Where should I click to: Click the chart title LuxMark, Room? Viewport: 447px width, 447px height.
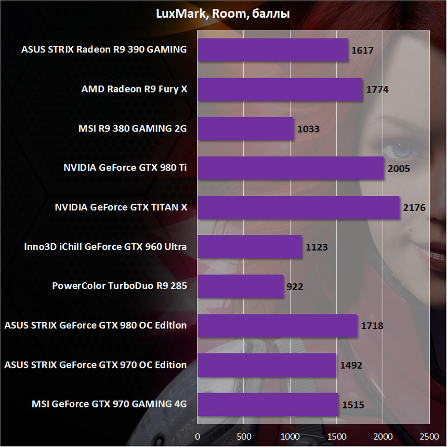click(223, 14)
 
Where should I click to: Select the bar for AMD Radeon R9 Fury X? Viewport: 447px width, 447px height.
click(280, 89)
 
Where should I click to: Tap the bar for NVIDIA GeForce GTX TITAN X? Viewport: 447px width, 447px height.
click(298, 207)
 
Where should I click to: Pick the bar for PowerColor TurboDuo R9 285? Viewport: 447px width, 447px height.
click(240, 286)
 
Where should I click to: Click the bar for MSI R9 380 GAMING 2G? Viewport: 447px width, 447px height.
click(245, 129)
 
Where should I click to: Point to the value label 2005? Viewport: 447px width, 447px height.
click(399, 168)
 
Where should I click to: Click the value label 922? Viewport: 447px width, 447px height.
click(294, 286)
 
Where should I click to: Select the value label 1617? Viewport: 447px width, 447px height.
click(363, 50)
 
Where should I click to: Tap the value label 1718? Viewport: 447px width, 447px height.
click(372, 326)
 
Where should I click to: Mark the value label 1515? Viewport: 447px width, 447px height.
click(353, 405)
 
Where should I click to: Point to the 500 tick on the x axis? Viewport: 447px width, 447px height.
click(244, 436)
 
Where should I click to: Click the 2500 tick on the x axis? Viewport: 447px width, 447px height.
click(429, 436)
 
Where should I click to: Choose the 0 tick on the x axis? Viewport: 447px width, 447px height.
click(198, 436)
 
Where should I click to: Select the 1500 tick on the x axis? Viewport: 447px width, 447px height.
click(336, 436)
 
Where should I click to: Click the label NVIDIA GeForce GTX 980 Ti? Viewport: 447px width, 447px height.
click(125, 168)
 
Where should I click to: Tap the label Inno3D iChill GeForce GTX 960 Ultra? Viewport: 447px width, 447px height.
click(106, 247)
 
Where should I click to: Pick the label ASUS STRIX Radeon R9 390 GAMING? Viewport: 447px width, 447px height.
click(104, 50)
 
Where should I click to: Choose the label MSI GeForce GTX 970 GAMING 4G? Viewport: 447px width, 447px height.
click(109, 404)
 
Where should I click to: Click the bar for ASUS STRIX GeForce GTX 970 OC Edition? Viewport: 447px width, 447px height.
click(267, 365)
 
